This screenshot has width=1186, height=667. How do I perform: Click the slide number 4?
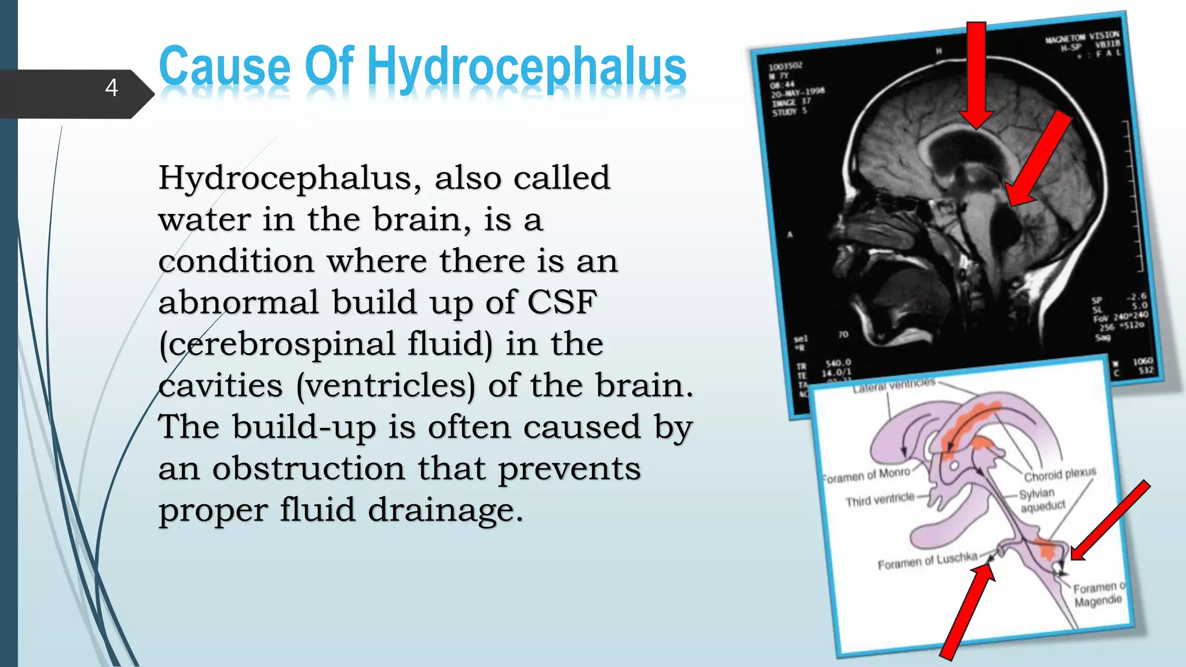pos(112,87)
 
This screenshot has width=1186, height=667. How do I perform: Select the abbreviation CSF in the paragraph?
pos(561,302)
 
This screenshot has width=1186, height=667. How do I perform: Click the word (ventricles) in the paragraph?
pos(385,386)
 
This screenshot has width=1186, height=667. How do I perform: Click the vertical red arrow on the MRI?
pos(976,72)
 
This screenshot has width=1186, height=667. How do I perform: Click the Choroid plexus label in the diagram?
pos(1060,474)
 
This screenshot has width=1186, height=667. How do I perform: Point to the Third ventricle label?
pos(880,500)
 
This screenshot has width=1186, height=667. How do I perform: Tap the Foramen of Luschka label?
pos(927,560)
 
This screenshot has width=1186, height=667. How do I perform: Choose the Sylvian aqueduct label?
pos(1041,500)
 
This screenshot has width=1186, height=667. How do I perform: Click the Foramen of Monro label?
pos(867,475)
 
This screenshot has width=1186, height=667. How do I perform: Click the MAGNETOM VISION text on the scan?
pos(1082,37)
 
